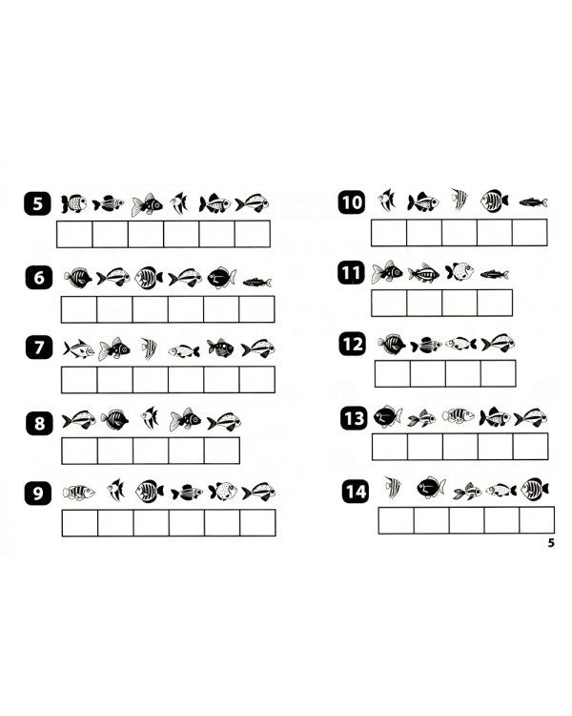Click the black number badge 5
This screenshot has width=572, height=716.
[38, 203]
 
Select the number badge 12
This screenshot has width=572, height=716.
[353, 344]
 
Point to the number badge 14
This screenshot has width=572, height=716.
[356, 492]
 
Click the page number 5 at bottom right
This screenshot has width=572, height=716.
[551, 542]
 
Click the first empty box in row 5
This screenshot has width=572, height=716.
[74, 234]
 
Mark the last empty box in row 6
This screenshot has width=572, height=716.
[256, 309]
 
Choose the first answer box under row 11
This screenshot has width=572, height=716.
[389, 303]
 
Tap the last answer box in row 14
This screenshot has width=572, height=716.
[537, 520]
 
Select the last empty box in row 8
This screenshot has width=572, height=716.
[222, 451]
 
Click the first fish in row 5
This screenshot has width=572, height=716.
[74, 203]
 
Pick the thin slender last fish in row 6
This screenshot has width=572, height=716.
[256, 283]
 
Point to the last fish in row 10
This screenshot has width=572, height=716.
[533, 201]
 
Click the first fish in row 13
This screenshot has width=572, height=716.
[388, 416]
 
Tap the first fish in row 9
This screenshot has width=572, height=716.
[78, 493]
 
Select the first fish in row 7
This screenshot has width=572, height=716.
[78, 349]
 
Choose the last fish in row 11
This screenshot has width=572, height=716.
[495, 274]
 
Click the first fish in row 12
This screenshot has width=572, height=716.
[392, 344]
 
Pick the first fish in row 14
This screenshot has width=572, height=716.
[393, 487]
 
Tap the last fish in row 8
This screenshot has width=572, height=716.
[224, 421]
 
